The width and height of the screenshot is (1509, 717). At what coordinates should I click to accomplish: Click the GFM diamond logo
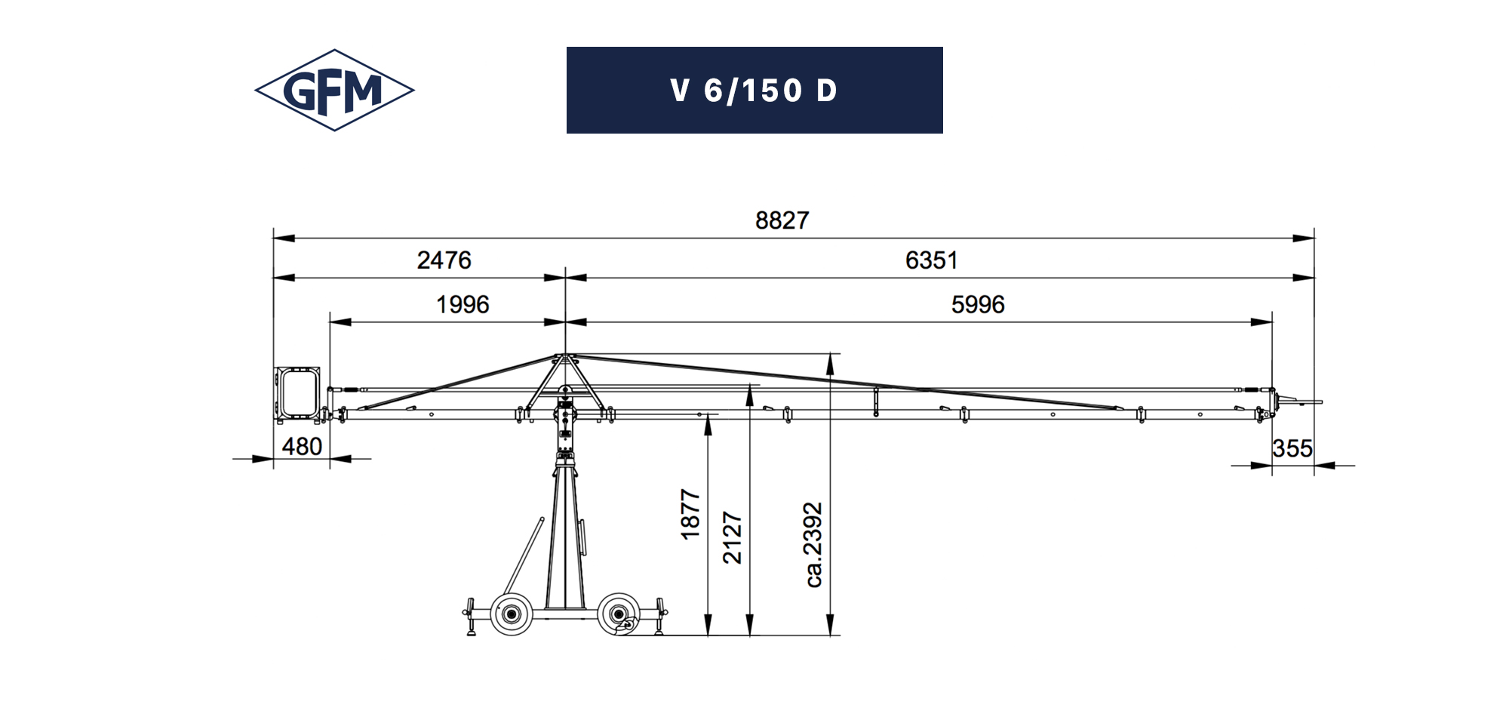tap(334, 91)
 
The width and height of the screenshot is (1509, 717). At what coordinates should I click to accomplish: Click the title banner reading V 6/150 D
tap(754, 91)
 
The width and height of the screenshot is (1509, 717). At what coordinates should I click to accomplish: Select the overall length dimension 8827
tap(782, 220)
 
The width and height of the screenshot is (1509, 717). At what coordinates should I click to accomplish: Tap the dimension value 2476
tap(444, 260)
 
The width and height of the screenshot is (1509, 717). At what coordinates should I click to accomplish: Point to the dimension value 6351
tap(931, 260)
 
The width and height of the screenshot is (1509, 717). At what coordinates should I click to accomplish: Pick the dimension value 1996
tap(463, 305)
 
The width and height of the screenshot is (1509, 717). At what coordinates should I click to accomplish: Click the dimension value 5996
tap(977, 305)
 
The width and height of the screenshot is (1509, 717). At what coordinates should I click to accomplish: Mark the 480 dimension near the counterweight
tap(302, 447)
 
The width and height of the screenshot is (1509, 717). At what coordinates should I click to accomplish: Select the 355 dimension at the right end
tap(1292, 449)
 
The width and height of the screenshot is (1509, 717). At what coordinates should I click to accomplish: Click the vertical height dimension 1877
tap(690, 515)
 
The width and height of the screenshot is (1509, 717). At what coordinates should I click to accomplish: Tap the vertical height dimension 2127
tap(733, 537)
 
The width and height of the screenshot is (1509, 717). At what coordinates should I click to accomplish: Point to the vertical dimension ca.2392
tap(813, 545)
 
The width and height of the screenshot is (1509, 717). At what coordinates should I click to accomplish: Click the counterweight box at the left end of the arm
tap(297, 394)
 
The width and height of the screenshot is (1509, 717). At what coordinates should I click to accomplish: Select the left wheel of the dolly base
tap(512, 614)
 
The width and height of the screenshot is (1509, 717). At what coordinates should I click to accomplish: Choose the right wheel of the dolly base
tap(619, 614)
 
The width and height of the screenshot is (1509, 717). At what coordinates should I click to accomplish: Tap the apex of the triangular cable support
tap(564, 355)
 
